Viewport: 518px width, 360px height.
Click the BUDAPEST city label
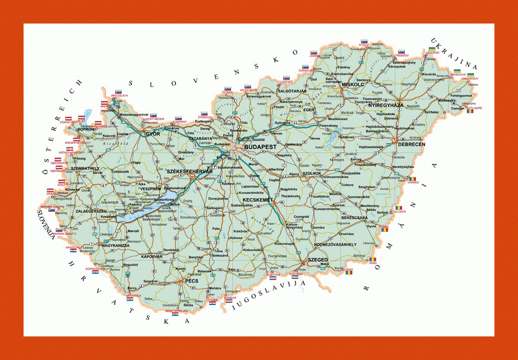(260, 147)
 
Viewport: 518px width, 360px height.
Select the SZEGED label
(317, 260)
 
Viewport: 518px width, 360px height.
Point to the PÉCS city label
(191, 281)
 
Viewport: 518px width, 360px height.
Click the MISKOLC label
(353, 85)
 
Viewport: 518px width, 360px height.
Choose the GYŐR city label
(153, 134)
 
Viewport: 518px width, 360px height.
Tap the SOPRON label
(86, 129)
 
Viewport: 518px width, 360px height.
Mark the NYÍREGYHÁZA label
(385, 105)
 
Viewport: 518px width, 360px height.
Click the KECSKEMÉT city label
(258, 200)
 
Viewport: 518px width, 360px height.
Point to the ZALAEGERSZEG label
(91, 211)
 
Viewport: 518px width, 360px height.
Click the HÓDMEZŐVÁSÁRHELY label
(335, 245)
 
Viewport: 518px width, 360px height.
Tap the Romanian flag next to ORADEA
(412, 179)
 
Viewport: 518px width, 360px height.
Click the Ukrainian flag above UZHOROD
(432, 49)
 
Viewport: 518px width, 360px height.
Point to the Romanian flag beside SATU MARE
(470, 111)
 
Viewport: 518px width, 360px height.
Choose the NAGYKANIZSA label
(116, 245)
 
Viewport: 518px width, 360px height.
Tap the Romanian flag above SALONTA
(399, 208)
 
